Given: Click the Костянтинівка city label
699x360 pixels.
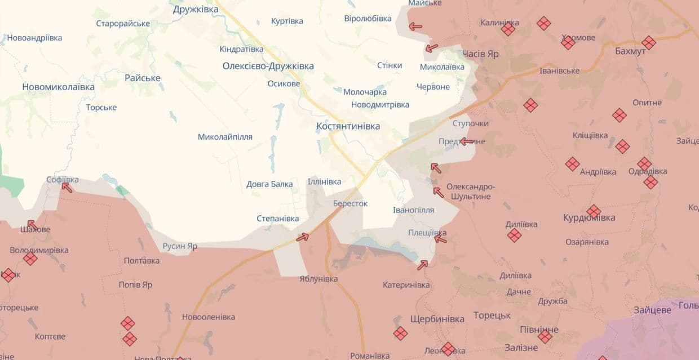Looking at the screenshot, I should [x=348, y=126].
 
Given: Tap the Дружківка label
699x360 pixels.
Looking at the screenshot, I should [x=196, y=9].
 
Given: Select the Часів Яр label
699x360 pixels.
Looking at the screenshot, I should [x=480, y=54].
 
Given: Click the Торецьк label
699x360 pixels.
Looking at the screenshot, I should [x=492, y=315].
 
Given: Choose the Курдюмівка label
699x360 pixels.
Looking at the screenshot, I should [x=589, y=218].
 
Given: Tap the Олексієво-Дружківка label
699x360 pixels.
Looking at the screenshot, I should [x=268, y=66].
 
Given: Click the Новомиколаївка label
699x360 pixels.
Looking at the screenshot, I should [x=59, y=87].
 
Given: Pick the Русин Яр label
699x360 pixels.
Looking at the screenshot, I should [x=180, y=246].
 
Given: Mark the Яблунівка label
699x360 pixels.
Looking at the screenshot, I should [x=318, y=279].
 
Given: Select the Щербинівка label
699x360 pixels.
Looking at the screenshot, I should [x=437, y=319].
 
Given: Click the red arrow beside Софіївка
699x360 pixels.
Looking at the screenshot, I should [x=67, y=187].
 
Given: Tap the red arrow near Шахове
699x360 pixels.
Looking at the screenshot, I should [x=32, y=225].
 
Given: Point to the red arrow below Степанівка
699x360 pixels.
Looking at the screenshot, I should [x=303, y=237].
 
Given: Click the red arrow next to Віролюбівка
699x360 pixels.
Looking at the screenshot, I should [x=415, y=26].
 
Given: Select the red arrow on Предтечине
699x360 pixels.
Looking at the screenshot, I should [x=466, y=141].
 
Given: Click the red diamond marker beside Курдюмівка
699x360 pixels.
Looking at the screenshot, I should [x=594, y=211].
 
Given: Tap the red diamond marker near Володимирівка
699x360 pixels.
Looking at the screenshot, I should [x=30, y=259].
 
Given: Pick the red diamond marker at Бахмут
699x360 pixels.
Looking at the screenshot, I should [x=649, y=43].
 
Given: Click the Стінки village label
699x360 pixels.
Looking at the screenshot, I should [x=390, y=65].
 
